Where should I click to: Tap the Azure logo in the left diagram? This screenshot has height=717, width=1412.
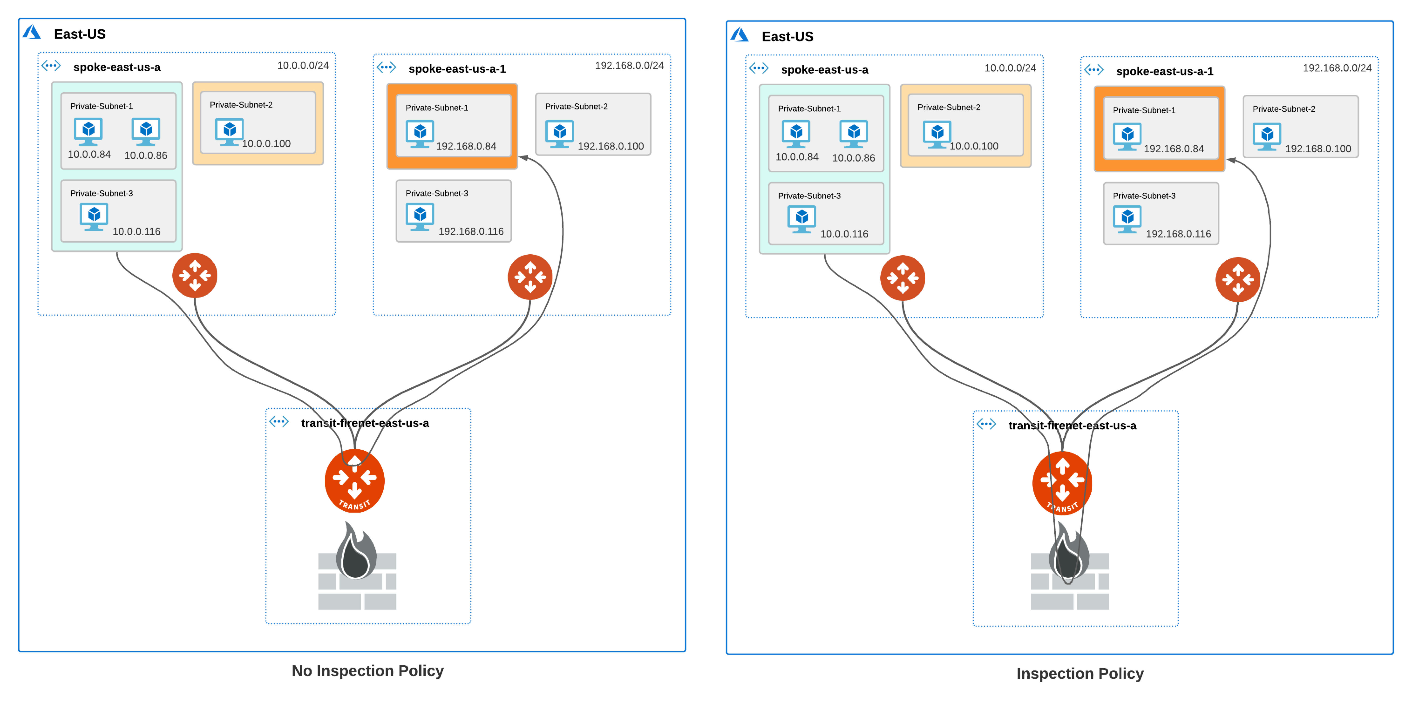pos(32,33)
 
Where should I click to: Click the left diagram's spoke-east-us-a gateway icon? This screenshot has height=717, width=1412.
pos(195,275)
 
